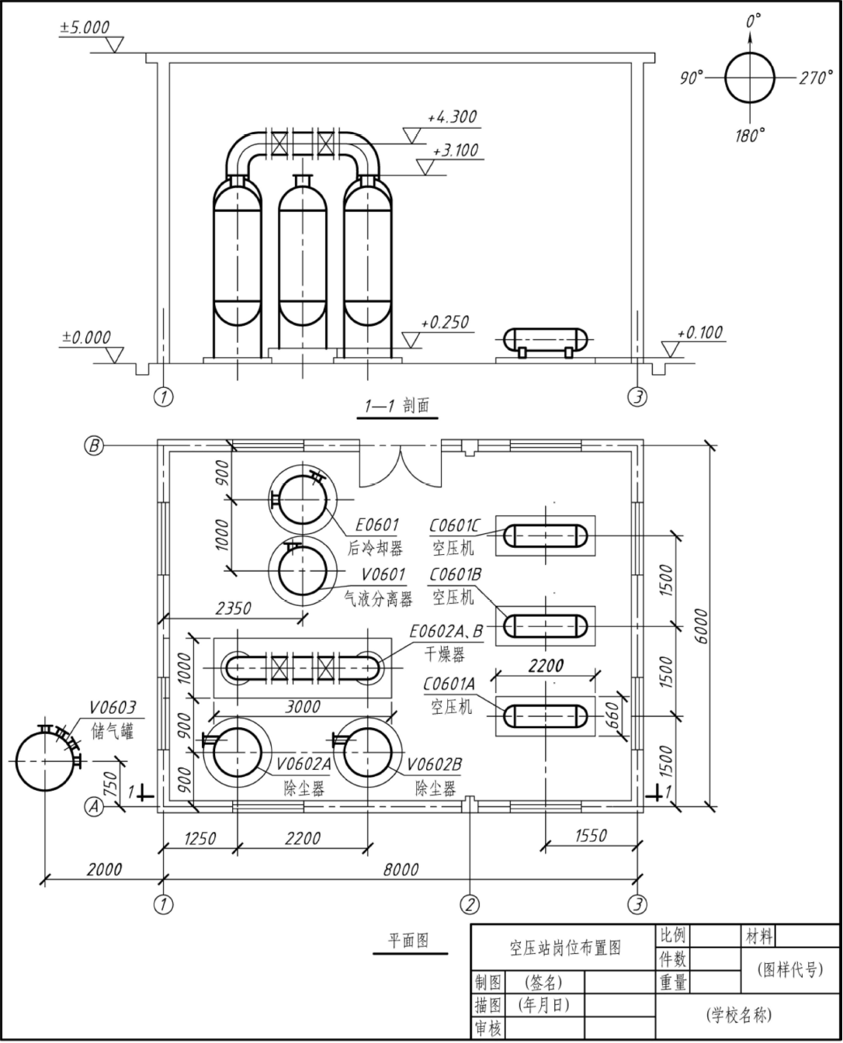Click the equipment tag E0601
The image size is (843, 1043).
tap(376, 525)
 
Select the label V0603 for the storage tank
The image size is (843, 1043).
tap(113, 708)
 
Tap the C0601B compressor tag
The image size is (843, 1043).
tap(455, 574)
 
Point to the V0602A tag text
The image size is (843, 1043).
tap(304, 764)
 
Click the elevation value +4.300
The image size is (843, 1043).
tap(452, 117)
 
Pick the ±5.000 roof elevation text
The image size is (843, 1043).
tap(85, 27)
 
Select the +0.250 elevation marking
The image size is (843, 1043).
tap(445, 322)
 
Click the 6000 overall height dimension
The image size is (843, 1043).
tap(701, 625)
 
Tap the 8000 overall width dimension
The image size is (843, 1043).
tap(401, 870)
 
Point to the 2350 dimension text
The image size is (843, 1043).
tap(233, 608)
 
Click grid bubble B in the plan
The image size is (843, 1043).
tap(94, 446)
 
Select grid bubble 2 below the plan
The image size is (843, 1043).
tap(470, 905)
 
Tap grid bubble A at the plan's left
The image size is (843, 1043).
tap(94, 806)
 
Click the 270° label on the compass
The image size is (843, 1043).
tap(816, 78)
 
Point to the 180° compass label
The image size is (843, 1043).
tap(750, 135)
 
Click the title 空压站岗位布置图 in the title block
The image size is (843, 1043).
tap(565, 948)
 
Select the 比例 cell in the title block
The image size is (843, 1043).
tap(672, 935)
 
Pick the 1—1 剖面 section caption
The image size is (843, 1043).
tap(397, 406)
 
